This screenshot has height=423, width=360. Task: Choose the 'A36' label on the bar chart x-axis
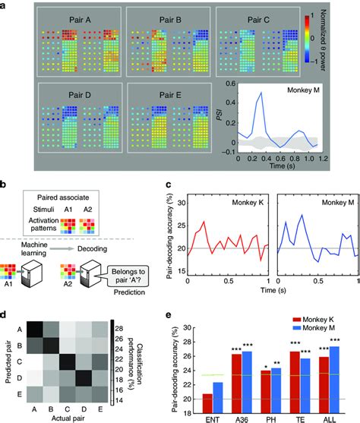(242, 416)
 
